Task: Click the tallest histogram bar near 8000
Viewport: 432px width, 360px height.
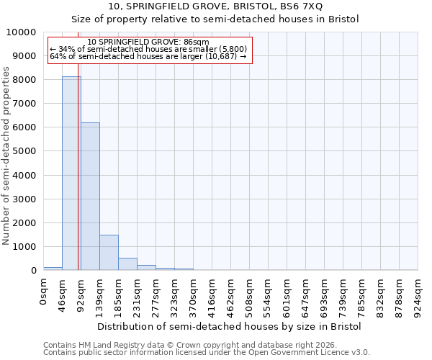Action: click(x=71, y=173)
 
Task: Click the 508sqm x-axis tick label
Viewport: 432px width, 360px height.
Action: click(x=250, y=295)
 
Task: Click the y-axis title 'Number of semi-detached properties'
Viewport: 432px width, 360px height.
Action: click(x=6, y=156)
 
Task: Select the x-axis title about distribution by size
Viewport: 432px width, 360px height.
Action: click(x=230, y=326)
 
